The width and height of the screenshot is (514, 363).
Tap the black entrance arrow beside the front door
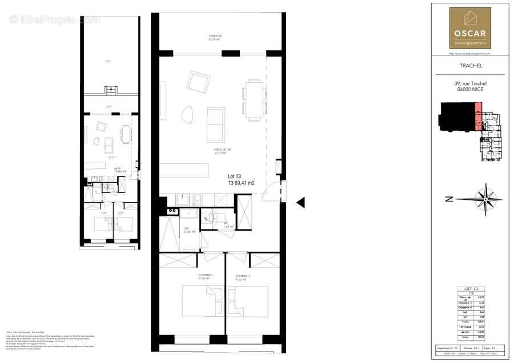pos(301,201)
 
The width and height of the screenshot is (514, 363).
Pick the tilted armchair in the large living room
pos(198,82)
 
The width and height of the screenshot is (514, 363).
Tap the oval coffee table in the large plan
pos(186,116)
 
